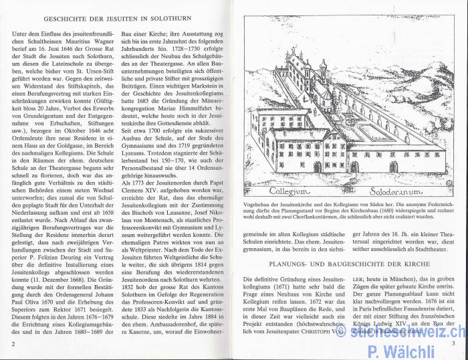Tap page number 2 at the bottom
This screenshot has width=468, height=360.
[x=13, y=344]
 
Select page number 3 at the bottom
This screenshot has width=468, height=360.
[x=453, y=344]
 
